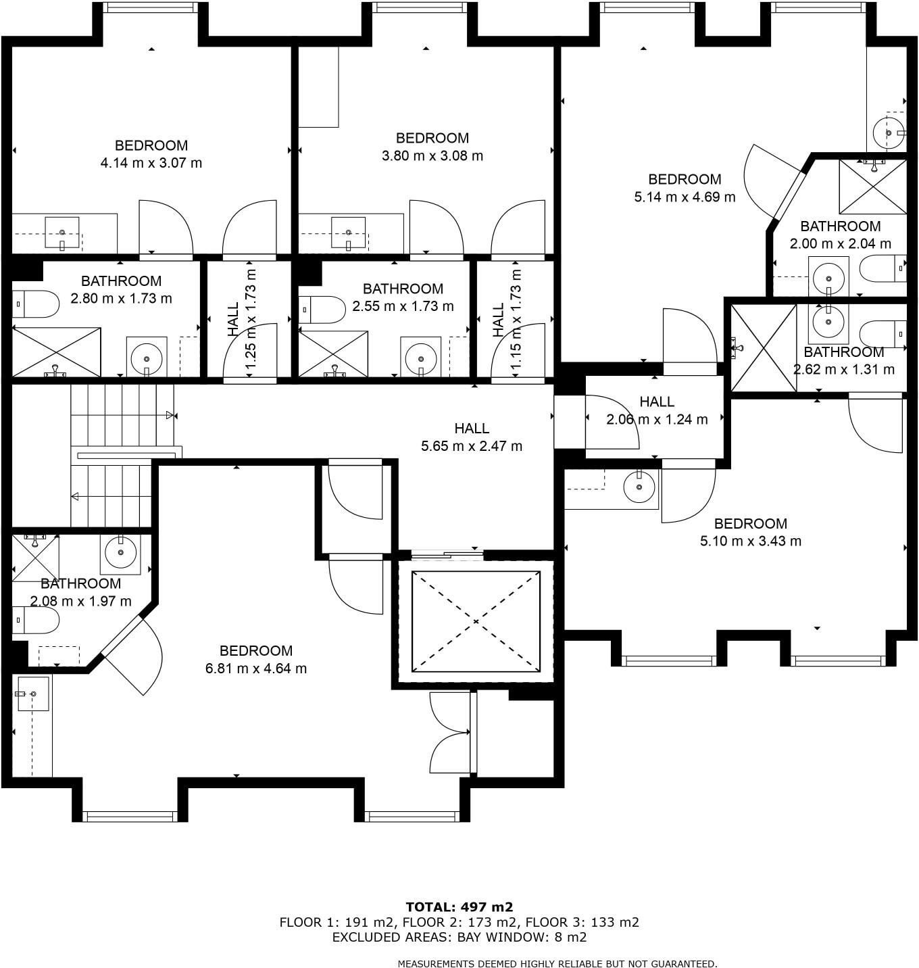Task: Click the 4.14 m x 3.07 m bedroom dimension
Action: (151, 163)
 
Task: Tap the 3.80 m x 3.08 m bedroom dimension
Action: (432, 155)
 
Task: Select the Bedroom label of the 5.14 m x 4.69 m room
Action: (685, 179)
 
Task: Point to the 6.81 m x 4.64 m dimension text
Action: (256, 669)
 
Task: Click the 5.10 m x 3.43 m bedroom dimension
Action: (751, 541)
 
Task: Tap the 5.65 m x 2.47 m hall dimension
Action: (472, 446)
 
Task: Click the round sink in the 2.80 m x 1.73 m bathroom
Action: (146, 356)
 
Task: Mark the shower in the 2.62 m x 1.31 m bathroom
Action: (764, 348)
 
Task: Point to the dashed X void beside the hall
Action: (476, 621)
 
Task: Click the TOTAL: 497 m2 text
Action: (459, 907)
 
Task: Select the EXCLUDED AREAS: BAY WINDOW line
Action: (459, 937)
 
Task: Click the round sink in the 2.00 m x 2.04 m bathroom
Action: (828, 276)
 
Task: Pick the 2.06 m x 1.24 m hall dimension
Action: (657, 419)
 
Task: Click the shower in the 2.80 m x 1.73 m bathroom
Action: (56, 352)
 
